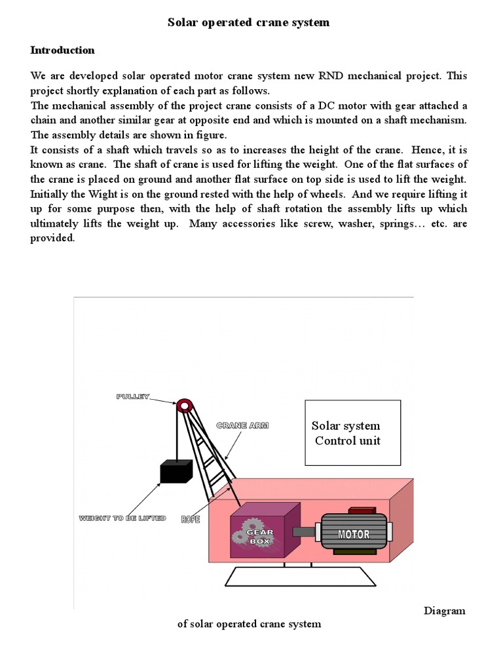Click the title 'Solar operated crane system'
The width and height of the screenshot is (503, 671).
click(248, 22)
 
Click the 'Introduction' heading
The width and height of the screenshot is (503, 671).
click(63, 50)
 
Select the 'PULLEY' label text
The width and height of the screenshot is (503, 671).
click(134, 397)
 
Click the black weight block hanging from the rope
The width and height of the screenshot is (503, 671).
click(176, 472)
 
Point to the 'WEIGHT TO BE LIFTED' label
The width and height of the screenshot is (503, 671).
click(122, 518)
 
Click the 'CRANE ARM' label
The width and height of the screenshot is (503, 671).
click(242, 425)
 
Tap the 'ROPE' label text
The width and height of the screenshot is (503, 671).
click(191, 519)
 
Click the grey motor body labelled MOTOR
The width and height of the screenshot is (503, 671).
click(354, 533)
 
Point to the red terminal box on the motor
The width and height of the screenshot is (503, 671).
click(359, 510)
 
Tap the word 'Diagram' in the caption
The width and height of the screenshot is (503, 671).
click(444, 611)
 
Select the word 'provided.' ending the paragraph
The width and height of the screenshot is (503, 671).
click(53, 238)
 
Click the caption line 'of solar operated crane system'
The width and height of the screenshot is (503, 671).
click(250, 624)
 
